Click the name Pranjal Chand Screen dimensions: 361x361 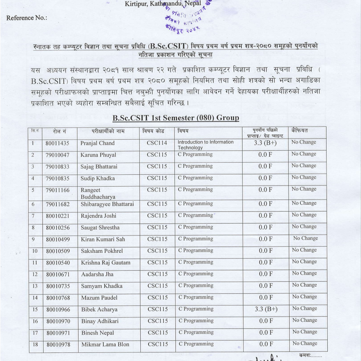(97, 143)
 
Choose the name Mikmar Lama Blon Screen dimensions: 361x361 (105, 344)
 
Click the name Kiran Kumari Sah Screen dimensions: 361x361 (103, 239)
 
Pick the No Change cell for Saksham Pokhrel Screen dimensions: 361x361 (304, 250)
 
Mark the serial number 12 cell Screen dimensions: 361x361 (34, 274)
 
